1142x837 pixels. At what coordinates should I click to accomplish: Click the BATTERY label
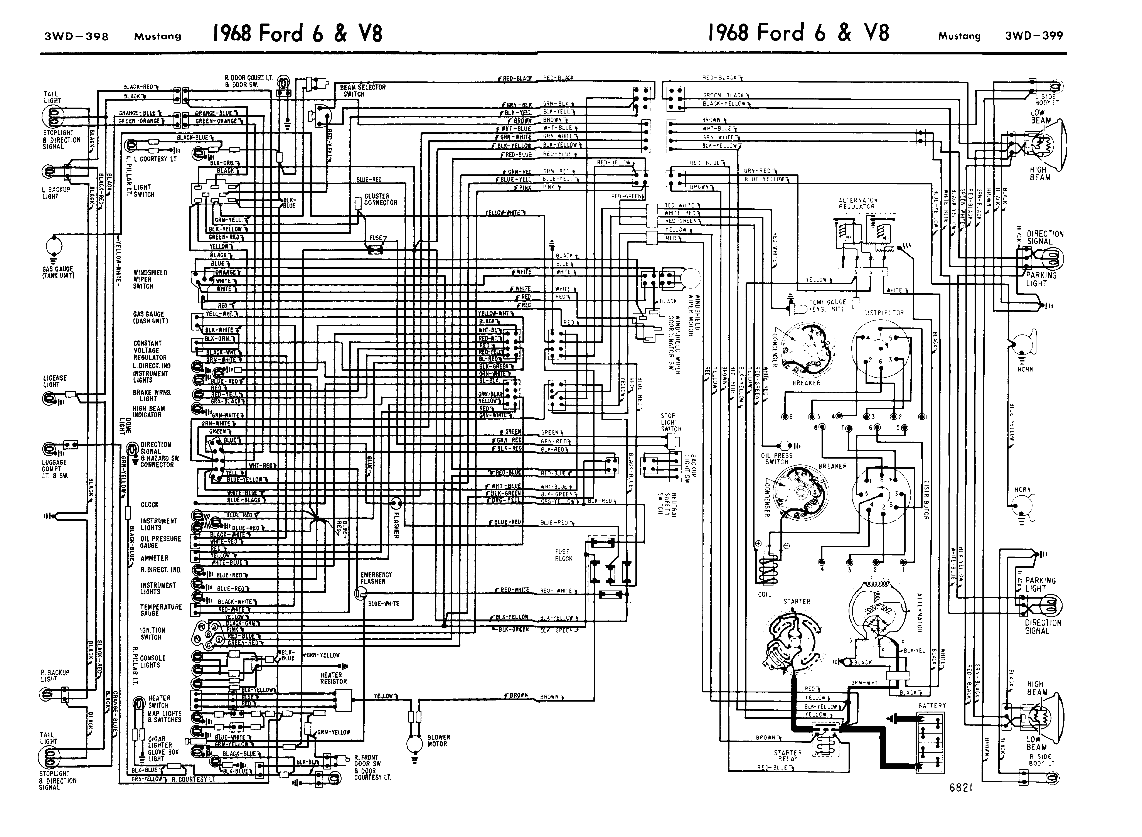[932, 705]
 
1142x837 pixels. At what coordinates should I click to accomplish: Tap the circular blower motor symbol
[414, 744]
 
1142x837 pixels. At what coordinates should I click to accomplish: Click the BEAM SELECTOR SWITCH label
[363, 91]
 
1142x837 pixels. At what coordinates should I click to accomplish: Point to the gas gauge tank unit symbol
[54, 247]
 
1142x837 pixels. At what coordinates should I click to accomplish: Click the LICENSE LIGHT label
[55, 381]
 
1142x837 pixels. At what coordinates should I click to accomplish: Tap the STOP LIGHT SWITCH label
[670, 422]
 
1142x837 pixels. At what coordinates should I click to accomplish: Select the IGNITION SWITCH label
[152, 633]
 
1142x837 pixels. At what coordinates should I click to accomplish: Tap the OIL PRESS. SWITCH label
[776, 459]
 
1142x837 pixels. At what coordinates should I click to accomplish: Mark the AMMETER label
[155, 558]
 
